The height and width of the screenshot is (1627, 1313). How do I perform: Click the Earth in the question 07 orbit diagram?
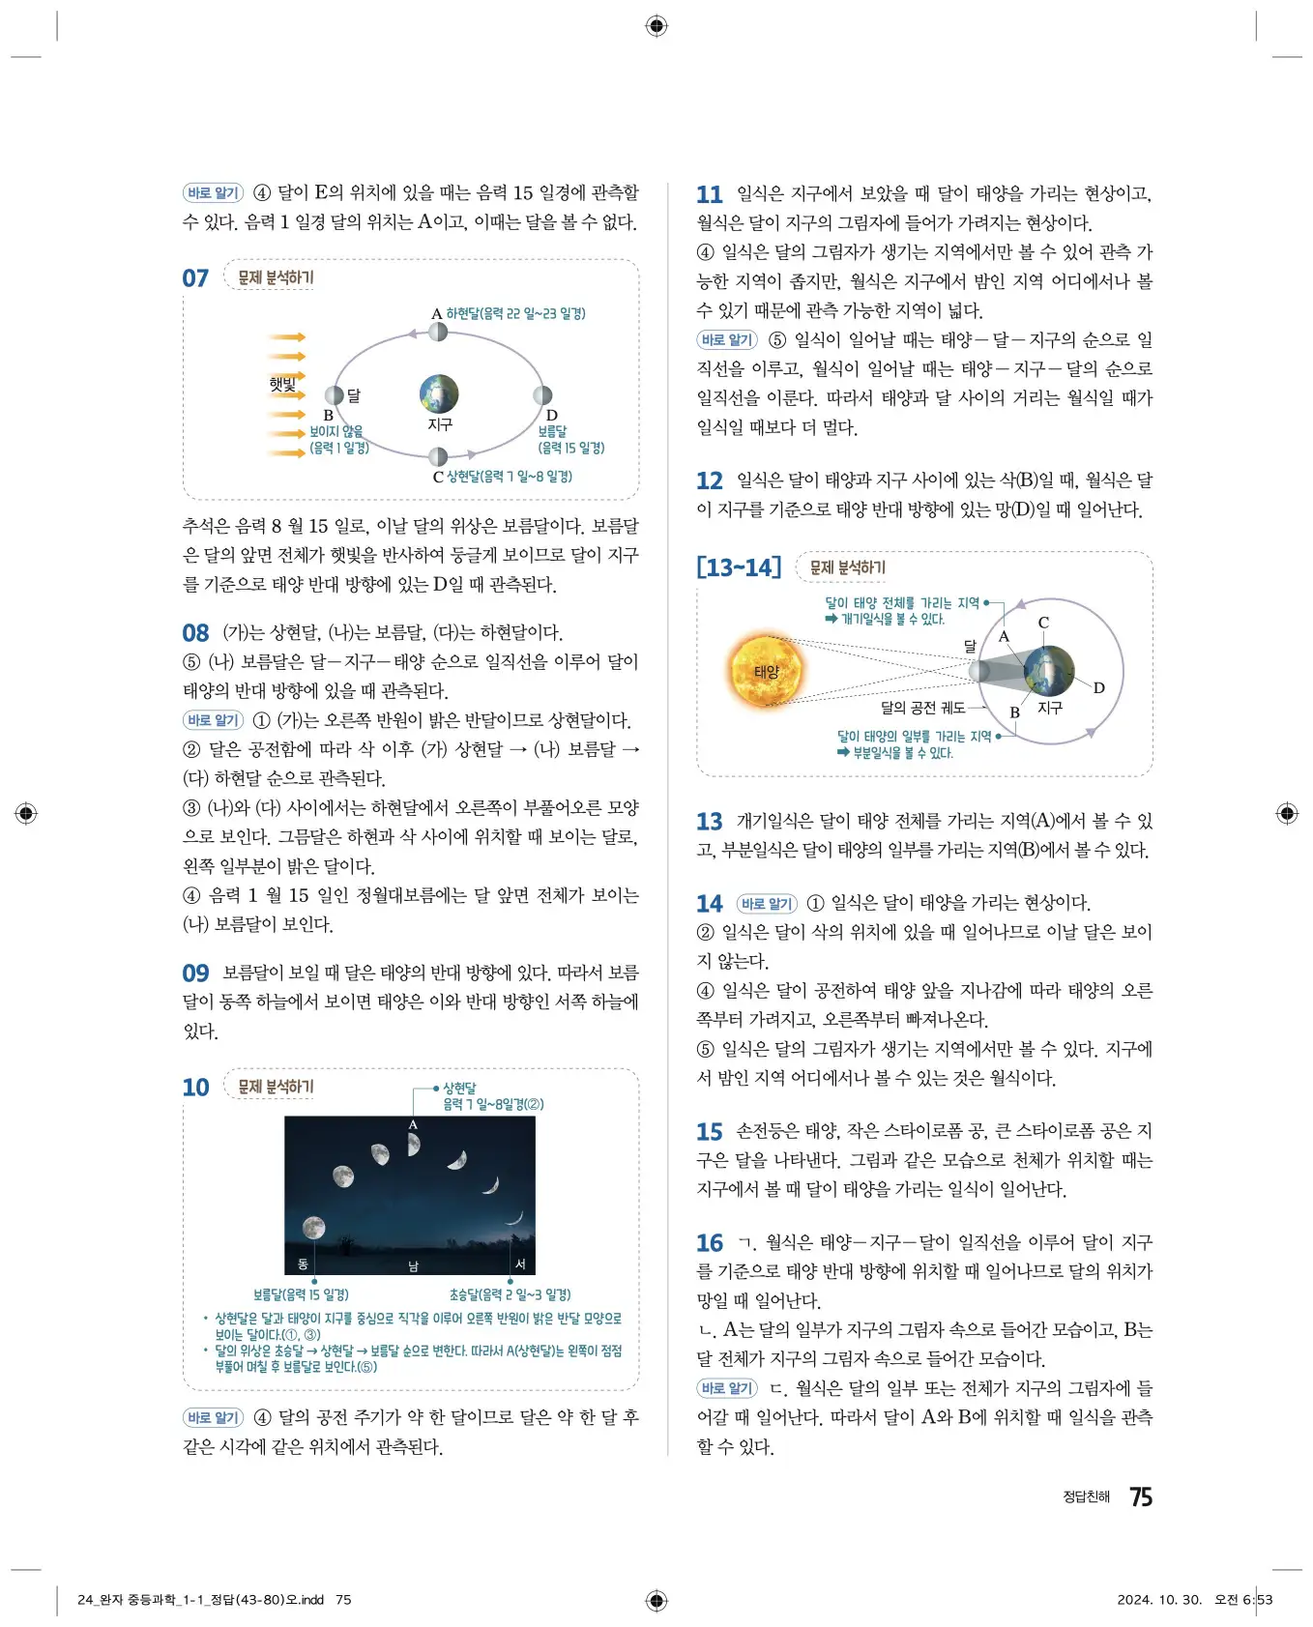(439, 394)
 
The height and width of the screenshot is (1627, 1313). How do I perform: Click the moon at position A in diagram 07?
(438, 332)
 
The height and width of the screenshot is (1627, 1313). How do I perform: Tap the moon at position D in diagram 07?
(542, 394)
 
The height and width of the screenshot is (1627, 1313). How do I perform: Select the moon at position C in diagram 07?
(438, 456)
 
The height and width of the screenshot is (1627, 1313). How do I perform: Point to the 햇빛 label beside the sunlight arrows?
(283, 384)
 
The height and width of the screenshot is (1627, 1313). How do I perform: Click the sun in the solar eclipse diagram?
(766, 670)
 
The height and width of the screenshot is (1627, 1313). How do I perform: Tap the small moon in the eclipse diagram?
(979, 671)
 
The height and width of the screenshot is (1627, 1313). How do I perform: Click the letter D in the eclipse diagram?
(1098, 688)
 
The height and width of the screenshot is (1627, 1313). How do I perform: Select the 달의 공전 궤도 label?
(922, 708)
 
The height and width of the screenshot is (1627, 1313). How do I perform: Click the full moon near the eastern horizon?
(313, 1228)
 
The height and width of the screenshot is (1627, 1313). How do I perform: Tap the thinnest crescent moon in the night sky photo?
(515, 1218)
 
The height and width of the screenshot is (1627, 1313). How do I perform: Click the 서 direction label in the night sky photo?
(520, 1264)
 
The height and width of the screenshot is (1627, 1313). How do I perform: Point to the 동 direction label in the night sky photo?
(303, 1264)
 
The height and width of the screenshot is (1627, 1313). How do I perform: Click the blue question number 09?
(195, 973)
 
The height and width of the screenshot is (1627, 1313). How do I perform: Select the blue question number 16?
(709, 1242)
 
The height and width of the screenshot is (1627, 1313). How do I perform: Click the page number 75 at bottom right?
(1141, 1496)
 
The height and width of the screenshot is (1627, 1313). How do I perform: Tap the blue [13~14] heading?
(738, 567)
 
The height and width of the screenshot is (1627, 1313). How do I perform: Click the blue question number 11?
(709, 194)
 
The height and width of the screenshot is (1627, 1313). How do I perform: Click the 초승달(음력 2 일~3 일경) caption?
(510, 1294)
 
